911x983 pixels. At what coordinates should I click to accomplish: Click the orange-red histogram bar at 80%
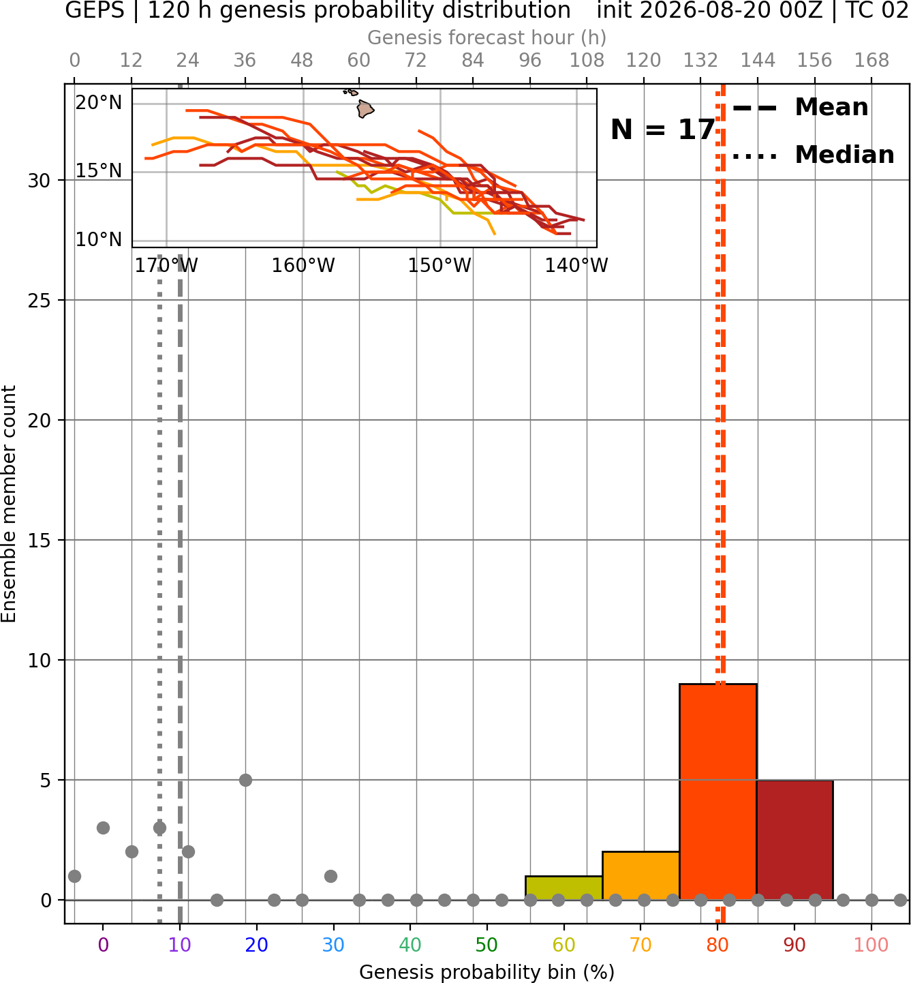tap(717, 792)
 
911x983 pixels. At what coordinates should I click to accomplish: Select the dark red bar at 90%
tap(794, 840)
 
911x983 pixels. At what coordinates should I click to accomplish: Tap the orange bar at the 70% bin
tap(640, 875)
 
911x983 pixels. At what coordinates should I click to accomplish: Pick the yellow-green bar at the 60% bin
tap(564, 888)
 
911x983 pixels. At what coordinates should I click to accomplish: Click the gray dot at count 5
tap(245, 780)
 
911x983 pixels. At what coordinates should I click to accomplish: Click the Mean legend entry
tap(800, 108)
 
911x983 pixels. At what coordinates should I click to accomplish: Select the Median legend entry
tap(812, 155)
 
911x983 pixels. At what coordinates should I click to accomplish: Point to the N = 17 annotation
tap(662, 130)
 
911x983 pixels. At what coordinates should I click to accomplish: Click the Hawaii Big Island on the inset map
tap(365, 109)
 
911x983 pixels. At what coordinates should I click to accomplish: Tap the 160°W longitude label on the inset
tap(303, 266)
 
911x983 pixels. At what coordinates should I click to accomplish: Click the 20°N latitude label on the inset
tap(99, 103)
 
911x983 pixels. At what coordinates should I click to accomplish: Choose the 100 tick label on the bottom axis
tap(871, 945)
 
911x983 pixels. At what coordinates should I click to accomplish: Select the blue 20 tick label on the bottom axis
tap(256, 945)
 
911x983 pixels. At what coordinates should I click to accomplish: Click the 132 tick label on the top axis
tap(700, 61)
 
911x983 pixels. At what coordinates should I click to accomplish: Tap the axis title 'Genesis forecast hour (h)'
tap(487, 37)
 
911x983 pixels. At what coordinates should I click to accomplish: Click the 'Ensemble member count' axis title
tap(8, 504)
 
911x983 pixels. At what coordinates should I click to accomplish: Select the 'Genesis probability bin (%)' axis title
tap(487, 972)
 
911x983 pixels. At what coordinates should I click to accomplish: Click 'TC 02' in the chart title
tap(875, 10)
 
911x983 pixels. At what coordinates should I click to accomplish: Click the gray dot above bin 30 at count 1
tap(331, 876)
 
